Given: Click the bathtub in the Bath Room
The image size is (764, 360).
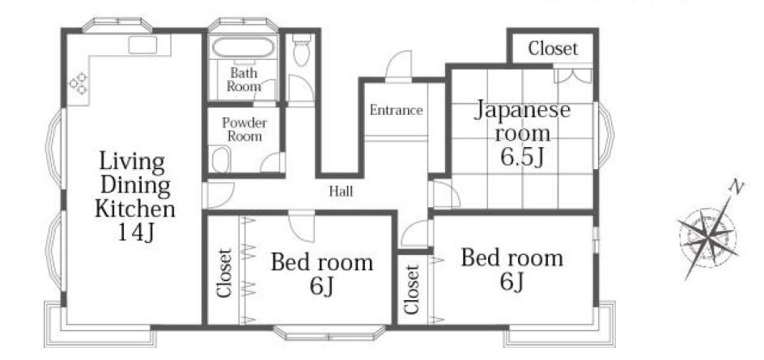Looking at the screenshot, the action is point(244,48).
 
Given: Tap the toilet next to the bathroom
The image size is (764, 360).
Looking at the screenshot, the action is point(302,49).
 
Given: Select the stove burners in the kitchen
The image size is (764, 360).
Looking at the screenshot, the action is point(78,83).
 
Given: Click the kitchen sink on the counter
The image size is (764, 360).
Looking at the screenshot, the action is point(142,44).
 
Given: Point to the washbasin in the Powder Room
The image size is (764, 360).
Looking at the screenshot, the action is point(221,159).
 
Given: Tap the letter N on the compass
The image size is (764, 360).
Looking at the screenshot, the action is point(736,187).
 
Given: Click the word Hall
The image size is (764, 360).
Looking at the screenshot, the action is point(341,192).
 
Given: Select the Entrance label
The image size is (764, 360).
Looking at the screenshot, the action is point(396,110).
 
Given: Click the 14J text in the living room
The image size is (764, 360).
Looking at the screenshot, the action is point(136,233).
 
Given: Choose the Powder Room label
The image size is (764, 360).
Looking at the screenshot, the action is point(244,129).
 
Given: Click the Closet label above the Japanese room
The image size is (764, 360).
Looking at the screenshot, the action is point(553,49).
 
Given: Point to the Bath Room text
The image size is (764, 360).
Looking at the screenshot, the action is point(244,80).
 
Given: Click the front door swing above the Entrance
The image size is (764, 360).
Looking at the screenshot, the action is point(398,64).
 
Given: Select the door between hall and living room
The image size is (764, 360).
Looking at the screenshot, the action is point(219,194).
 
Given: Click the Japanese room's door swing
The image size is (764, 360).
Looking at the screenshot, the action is point(445,193).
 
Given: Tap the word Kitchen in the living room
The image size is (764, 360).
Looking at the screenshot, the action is point(135,209).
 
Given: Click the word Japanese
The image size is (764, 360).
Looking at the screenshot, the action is point(523,110).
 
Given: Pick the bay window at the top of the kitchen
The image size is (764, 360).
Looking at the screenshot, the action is point(118,25).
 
